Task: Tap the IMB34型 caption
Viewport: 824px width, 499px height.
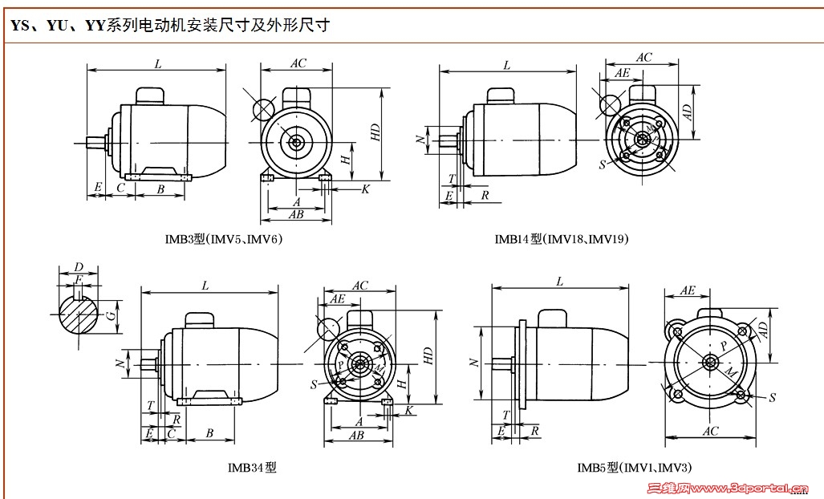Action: (x=252, y=467)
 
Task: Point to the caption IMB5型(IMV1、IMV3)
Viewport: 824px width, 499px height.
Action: (x=634, y=467)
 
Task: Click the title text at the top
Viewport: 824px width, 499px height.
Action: (x=170, y=26)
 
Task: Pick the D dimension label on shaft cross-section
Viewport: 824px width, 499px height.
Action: (x=78, y=266)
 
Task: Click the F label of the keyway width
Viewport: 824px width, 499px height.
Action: (x=78, y=278)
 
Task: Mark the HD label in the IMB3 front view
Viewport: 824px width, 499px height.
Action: (x=375, y=133)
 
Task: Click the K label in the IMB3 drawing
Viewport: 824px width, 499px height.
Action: (x=365, y=189)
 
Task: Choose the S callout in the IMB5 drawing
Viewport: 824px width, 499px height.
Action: (x=772, y=397)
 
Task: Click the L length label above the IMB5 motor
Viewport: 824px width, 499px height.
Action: (x=559, y=281)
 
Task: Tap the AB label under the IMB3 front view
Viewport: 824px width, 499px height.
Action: (x=296, y=214)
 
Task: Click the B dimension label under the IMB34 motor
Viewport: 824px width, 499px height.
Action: (x=209, y=433)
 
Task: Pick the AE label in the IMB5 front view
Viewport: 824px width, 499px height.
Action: (x=688, y=290)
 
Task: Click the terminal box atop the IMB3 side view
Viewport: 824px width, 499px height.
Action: (x=150, y=95)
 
